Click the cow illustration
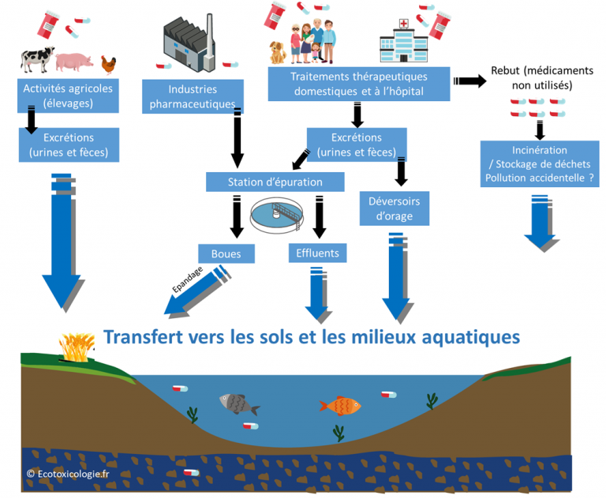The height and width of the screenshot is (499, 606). click(x=36, y=59)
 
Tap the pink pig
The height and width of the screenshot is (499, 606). click(x=77, y=61)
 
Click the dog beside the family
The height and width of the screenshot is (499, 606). click(x=278, y=51)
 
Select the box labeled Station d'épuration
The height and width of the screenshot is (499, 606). click(x=275, y=182)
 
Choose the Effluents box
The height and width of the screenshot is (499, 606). click(x=318, y=253)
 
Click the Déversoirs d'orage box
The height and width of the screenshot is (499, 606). click(x=395, y=208)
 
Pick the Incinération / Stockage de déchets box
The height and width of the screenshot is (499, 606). click(x=539, y=163)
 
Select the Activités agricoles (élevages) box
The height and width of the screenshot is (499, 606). click(x=69, y=95)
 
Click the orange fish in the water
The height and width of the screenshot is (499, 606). click(x=340, y=406)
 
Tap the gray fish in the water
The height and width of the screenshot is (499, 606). click(x=238, y=404)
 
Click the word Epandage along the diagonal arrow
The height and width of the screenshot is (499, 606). click(x=188, y=280)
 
